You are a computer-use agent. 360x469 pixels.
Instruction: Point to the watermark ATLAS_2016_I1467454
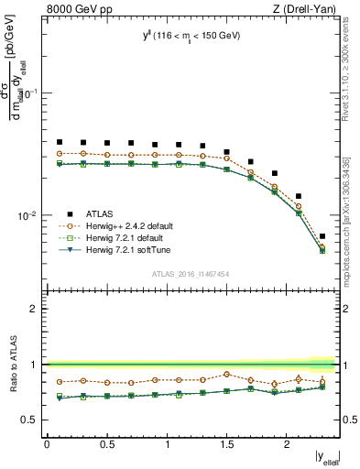coord(191,273)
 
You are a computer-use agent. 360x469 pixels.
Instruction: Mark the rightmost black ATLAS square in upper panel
coord(322,236)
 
